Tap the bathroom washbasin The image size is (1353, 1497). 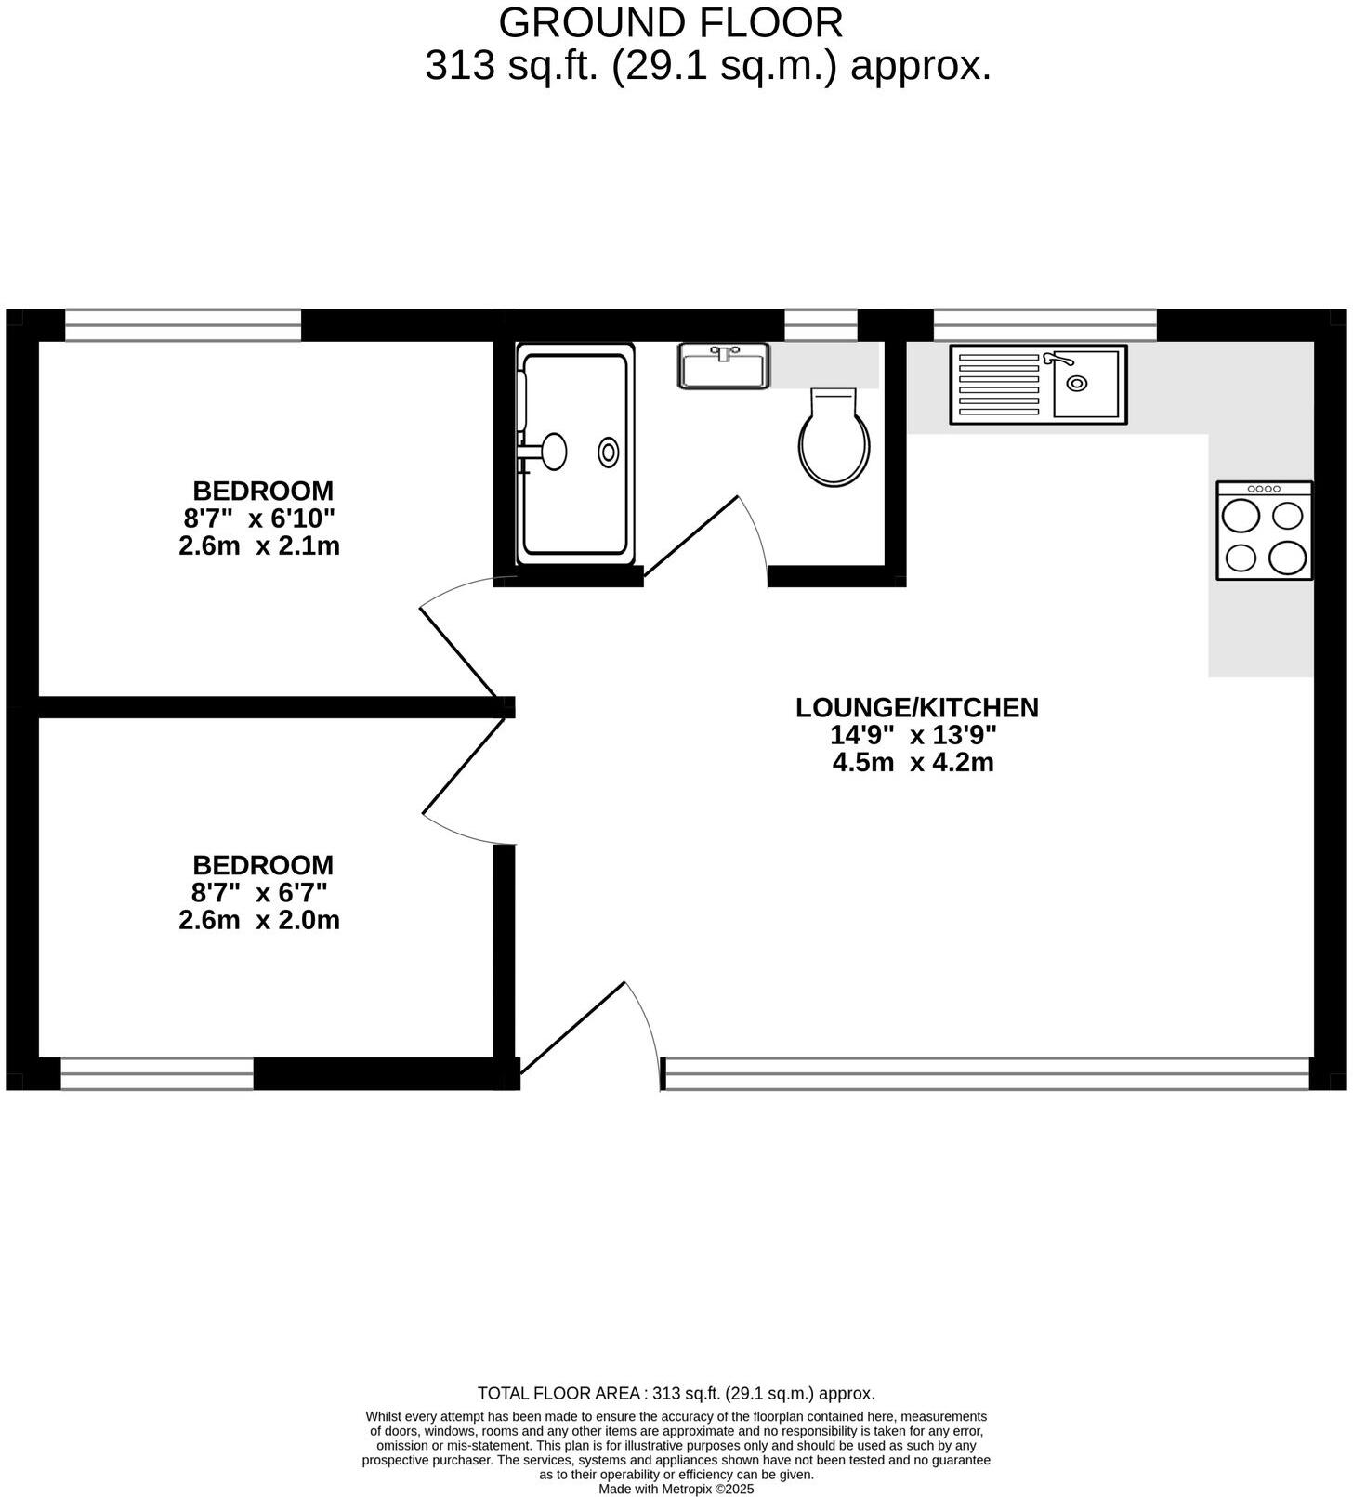tap(723, 366)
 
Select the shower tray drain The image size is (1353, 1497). tap(608, 452)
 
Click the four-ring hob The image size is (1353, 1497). tap(1264, 531)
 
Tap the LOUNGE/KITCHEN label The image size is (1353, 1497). tap(916, 708)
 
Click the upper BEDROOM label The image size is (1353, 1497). tap(263, 491)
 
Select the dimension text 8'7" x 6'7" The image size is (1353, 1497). tap(259, 893)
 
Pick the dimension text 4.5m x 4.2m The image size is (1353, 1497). tap(913, 763)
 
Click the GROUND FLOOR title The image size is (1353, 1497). tap(671, 23)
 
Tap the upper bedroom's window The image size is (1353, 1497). tap(183, 325)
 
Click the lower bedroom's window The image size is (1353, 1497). tap(157, 1073)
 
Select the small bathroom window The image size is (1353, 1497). tap(821, 325)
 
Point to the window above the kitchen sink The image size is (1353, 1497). tap(1044, 325)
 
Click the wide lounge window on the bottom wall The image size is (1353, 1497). tap(987, 1073)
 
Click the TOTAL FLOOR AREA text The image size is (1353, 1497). tap(676, 1394)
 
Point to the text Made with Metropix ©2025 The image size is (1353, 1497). tap(676, 1490)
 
